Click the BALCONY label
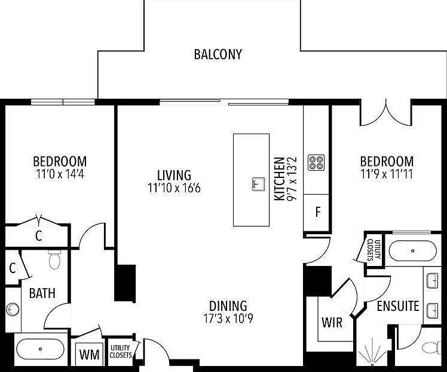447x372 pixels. click(218, 55)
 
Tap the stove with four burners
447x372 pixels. click(316, 162)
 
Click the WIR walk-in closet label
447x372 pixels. click(332, 322)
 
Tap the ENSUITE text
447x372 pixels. click(397, 306)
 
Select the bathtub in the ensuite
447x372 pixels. click(412, 251)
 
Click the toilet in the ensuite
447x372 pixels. click(430, 347)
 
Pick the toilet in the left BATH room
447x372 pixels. click(55, 259)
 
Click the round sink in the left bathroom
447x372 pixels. click(13, 309)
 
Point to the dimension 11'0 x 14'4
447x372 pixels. click(59, 174)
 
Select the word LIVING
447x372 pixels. click(174, 176)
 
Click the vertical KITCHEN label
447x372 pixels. click(278, 179)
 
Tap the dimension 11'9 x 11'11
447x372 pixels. click(386, 174)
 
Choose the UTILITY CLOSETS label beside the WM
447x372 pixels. click(121, 351)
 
